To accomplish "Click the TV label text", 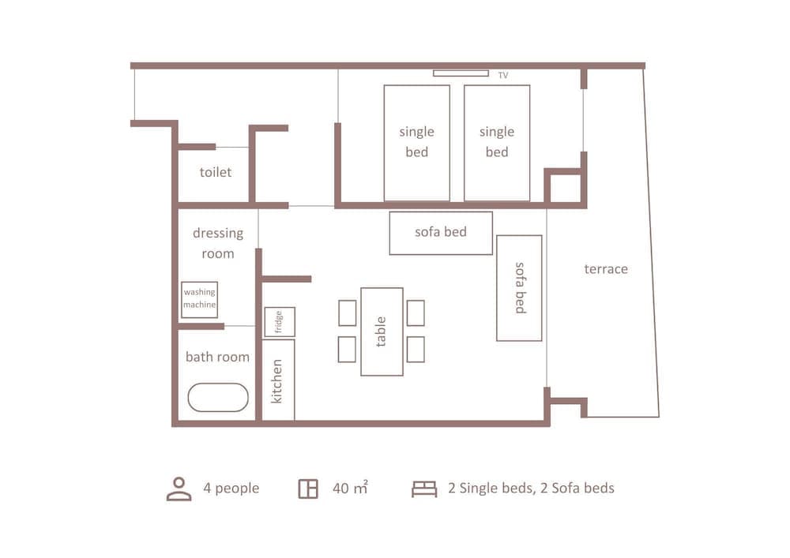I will pos(503,76).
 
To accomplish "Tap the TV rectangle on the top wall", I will pos(461,73).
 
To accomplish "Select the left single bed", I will pos(416,143).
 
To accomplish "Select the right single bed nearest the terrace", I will pos(496,143).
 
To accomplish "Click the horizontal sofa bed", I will pos(441,233).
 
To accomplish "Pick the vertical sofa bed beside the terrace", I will pos(519,288).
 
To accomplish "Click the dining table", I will pos(382,331).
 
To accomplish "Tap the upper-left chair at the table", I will pos(347,313).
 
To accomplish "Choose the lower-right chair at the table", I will pos(416,349).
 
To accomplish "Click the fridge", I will pos(280,322).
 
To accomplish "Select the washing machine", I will pos(199,299).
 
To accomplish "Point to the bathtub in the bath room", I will pos(218,397).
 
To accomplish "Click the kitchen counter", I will pos(278,380).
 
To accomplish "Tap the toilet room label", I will pos(216,171).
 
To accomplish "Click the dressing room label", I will pos(218,243).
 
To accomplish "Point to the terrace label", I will pos(606,269).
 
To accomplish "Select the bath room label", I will pos(217,357).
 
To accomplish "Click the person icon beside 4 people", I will pos(179,489).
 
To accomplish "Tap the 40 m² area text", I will pos(350,489).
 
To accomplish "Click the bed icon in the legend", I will pos(424,489).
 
